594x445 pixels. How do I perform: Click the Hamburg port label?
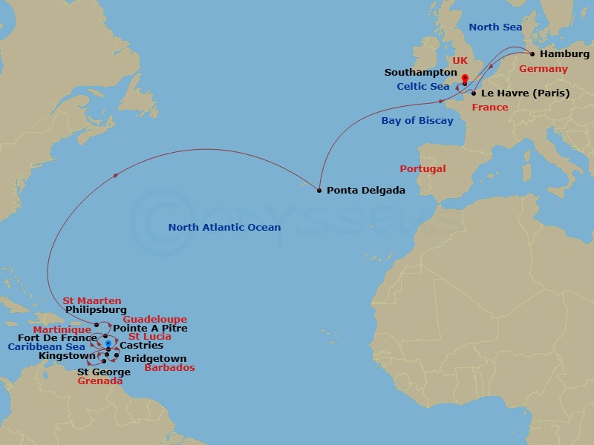(x=564, y=54)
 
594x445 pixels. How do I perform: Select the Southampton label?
(x=420, y=73)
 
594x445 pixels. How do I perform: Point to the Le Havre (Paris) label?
(x=526, y=93)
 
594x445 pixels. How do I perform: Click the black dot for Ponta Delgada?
(x=319, y=191)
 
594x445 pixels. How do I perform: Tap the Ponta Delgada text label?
(x=366, y=191)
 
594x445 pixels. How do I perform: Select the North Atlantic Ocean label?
(x=224, y=228)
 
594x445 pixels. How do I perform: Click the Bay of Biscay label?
(x=417, y=121)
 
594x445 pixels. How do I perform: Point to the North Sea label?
(x=495, y=27)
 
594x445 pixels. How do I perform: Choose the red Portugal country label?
(x=423, y=169)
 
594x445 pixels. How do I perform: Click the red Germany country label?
(x=544, y=69)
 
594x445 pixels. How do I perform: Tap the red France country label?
(x=490, y=108)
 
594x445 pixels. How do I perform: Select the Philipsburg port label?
(x=96, y=310)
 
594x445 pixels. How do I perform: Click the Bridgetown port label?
(x=155, y=359)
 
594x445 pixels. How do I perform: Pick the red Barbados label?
(x=169, y=368)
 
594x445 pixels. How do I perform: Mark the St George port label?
(x=104, y=372)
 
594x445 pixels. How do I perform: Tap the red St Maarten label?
(x=92, y=300)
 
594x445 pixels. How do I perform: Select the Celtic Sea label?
(x=422, y=87)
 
